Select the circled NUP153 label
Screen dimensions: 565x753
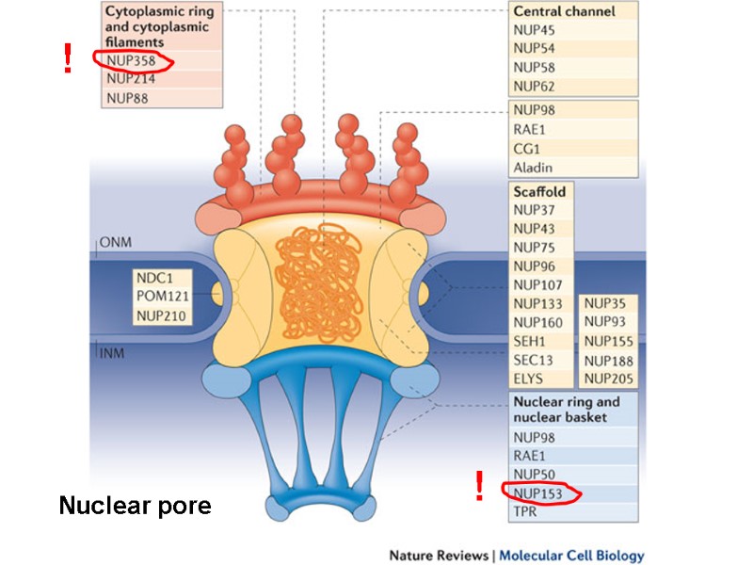click(538, 492)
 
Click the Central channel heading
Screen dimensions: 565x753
click(564, 11)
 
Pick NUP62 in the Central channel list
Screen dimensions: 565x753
click(535, 87)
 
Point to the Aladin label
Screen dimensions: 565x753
click(533, 168)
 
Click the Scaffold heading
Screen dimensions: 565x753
click(539, 190)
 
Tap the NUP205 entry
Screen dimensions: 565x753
click(607, 379)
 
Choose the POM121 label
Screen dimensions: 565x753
click(163, 296)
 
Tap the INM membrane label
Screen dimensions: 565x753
click(113, 352)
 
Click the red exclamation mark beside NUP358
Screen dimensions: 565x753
click(67, 58)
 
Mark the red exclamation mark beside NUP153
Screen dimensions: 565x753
click(479, 486)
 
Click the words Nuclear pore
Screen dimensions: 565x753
click(135, 506)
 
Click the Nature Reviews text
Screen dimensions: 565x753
click(439, 555)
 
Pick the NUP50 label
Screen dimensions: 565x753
click(534, 473)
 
